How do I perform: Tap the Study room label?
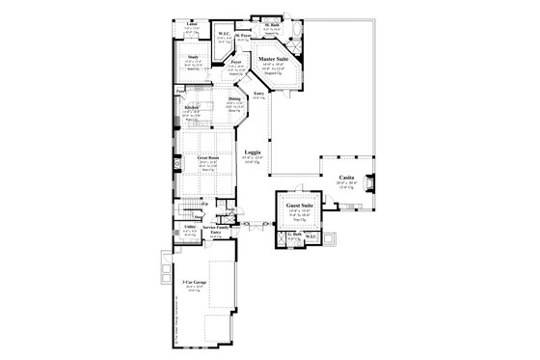pos(194,58)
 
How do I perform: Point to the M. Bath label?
pos(271,27)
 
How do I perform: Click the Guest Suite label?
pos(294,204)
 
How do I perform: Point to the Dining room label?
pos(234,98)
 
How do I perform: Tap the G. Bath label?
pos(292,235)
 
